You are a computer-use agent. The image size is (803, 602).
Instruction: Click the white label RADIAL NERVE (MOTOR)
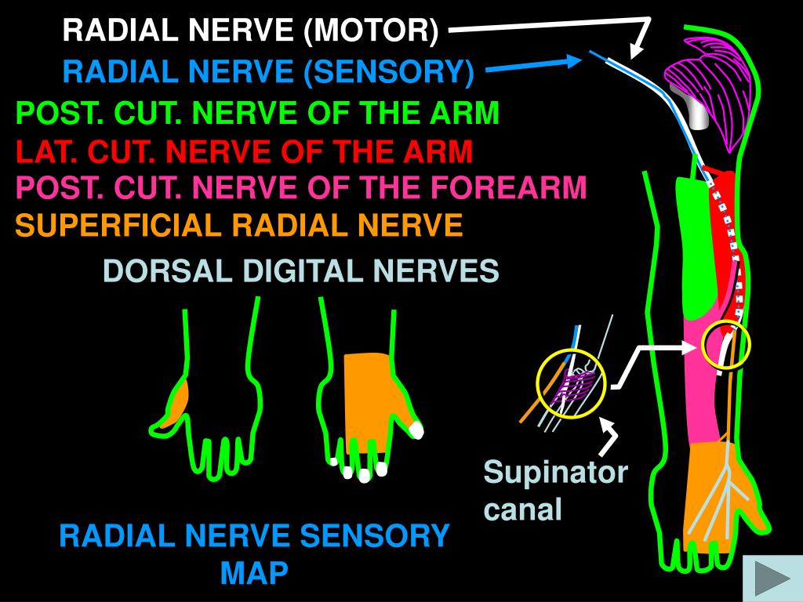[x=251, y=31]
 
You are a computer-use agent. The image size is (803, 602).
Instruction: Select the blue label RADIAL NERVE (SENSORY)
[x=269, y=73]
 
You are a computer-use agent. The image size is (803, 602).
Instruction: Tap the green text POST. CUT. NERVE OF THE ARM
[x=258, y=114]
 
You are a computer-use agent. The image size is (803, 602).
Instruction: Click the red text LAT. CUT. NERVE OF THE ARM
[x=245, y=151]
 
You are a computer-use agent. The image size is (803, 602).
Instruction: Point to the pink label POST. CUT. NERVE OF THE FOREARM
[x=302, y=188]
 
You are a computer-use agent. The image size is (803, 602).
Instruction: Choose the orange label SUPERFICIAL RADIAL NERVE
[x=239, y=227]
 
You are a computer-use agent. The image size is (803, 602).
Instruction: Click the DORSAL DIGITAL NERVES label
[x=301, y=271]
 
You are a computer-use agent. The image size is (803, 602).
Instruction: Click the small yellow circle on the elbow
[x=726, y=345]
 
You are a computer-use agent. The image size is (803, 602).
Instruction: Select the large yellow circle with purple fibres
[x=571, y=384]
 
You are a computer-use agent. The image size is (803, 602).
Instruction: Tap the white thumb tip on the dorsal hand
[x=416, y=430]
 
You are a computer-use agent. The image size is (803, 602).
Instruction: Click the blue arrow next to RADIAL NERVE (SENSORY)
[x=533, y=67]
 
